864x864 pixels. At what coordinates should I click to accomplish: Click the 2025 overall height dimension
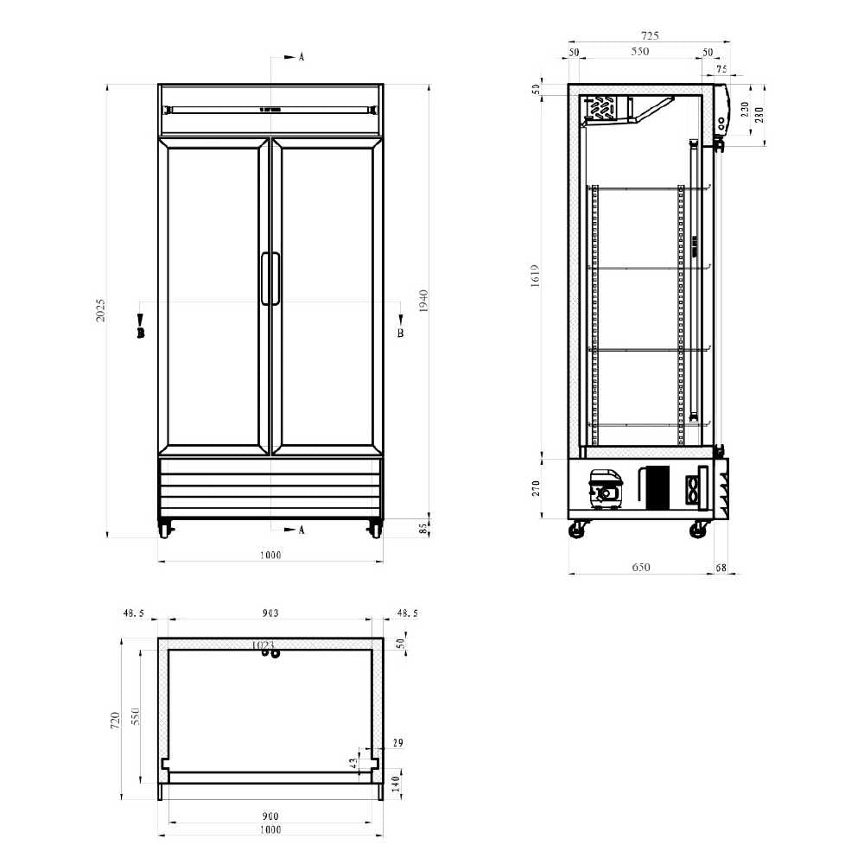(x=101, y=310)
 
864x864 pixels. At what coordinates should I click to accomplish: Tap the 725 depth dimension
(x=650, y=35)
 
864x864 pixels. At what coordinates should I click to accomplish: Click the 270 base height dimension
(x=537, y=489)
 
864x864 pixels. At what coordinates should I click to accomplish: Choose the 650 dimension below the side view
(x=640, y=568)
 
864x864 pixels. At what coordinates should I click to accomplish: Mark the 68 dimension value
(x=721, y=568)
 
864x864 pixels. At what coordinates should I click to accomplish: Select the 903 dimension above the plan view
(x=270, y=613)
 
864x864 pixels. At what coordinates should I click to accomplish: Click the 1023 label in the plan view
(x=263, y=645)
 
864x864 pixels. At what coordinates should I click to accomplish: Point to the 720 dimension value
(x=116, y=721)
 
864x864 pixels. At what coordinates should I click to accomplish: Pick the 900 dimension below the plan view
(x=270, y=816)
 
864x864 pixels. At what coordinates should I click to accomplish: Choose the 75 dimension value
(x=721, y=69)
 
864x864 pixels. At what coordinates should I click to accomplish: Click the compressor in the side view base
(x=607, y=490)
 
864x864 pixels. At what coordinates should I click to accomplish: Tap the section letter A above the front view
(x=302, y=57)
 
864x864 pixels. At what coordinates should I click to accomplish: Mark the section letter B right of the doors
(x=400, y=332)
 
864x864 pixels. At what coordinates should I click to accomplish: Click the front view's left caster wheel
(x=163, y=529)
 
